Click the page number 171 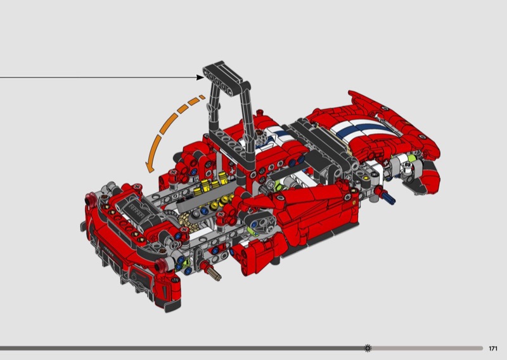(493, 349)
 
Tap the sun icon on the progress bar (368, 348)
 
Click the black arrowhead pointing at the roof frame (200, 77)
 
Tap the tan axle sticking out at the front (215, 274)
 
